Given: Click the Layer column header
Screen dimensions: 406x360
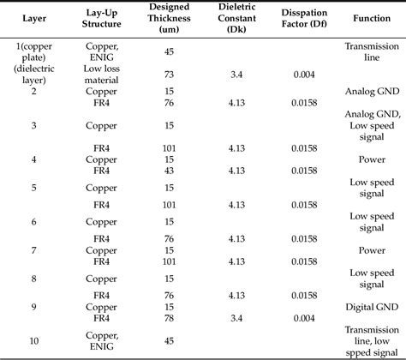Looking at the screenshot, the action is tap(34, 18).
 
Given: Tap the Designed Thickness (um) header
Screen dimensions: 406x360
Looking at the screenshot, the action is tap(169, 18).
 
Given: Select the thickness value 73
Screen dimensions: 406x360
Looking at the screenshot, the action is tap(169, 75).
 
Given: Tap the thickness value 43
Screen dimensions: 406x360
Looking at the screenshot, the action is tap(169, 171).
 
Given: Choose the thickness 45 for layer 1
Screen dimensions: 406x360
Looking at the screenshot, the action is tap(169, 51).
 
